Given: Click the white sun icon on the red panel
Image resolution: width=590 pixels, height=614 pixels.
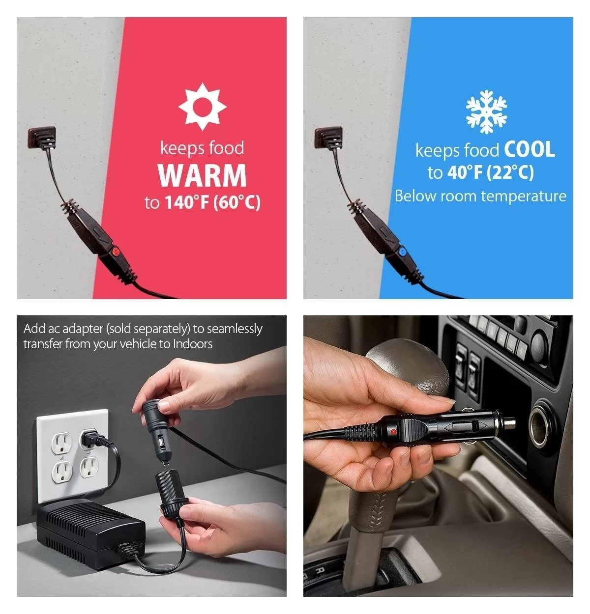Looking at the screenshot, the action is click(x=202, y=107).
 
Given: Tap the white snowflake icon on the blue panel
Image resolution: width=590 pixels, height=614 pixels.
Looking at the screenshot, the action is click(x=486, y=112).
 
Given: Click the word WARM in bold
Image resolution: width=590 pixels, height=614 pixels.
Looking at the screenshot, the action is click(x=202, y=175).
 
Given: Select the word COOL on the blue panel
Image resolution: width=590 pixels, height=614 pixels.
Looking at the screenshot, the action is click(x=530, y=149).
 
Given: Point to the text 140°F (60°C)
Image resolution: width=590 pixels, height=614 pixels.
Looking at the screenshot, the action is click(x=212, y=202).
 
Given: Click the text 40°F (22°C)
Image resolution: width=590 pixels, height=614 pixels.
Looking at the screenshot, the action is click(x=491, y=172).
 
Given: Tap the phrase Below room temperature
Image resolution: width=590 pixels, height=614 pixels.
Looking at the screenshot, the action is click(x=480, y=196).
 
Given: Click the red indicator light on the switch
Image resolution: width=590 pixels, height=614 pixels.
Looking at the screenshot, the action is click(x=116, y=252).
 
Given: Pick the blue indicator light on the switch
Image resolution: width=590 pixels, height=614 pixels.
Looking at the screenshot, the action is click(x=402, y=252).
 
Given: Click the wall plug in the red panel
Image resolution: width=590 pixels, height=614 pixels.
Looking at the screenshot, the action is click(x=42, y=138).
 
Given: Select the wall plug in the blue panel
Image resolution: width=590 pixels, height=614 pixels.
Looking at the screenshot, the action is click(x=329, y=138).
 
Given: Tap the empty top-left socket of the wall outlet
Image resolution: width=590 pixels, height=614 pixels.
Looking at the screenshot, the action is click(x=61, y=443).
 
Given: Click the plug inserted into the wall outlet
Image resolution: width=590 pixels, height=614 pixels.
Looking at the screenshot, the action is click(x=95, y=439).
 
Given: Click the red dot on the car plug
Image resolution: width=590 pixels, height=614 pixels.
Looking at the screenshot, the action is click(x=393, y=431).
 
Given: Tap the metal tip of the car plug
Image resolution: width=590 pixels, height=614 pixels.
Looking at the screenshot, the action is click(x=508, y=422).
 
